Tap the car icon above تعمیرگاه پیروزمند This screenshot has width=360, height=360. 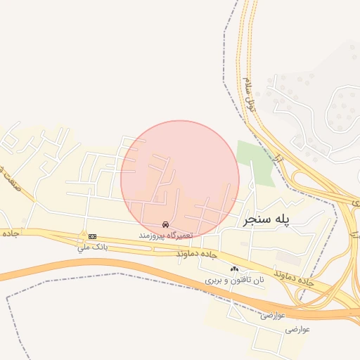click(165, 224)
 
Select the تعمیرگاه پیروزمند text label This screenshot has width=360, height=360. click(166, 233)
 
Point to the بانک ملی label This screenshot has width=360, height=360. click(91, 247)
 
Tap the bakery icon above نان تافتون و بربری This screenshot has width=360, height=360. click(234, 269)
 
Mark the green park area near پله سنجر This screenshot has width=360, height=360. click(255, 161)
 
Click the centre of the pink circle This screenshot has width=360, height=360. click(180, 179)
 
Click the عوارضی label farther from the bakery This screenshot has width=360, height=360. click(296, 328)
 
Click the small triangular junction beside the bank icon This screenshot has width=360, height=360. click(84, 235)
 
